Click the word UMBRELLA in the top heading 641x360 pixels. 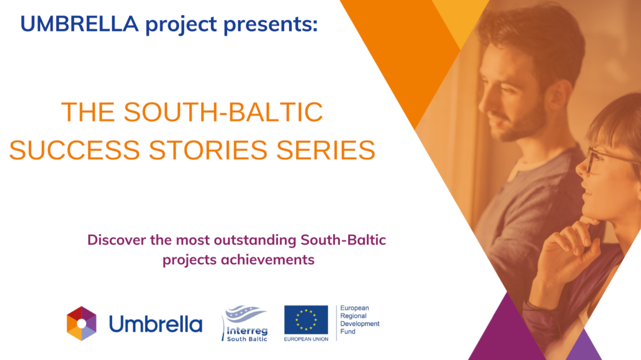tap(79, 24)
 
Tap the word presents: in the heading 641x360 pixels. tap(270, 25)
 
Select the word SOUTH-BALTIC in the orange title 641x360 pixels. tap(223, 111)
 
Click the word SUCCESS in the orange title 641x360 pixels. tap(74, 150)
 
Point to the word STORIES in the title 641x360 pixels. tap(208, 150)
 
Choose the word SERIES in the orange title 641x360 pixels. tap(326, 150)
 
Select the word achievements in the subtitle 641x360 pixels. tap(267, 260)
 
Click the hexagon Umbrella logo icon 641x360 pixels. tap(82, 324)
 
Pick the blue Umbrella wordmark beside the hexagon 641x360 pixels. tap(156, 324)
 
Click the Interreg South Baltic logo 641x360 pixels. tap(245, 323)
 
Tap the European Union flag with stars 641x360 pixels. tap(306, 320)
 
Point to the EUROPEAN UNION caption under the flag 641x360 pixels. tap(306, 339)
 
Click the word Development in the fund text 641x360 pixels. tap(360, 324)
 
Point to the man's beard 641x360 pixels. tap(518, 123)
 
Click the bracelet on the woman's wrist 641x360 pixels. tap(539, 307)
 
